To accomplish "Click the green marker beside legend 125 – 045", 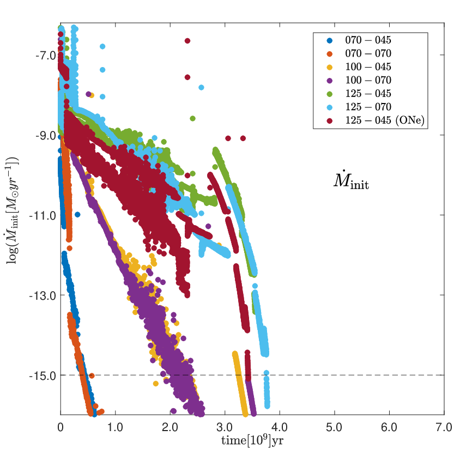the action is pos(330,94).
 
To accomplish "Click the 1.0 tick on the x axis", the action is pos(115,427).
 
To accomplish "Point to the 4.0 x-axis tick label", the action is pos(280,427).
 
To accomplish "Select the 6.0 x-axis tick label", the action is pos(389,427).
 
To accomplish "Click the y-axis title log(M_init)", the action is pos(12,210).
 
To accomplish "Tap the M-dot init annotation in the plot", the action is pos(351,181).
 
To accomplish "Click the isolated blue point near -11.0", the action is pos(77,215).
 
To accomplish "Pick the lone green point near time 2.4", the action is pos(192,118).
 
